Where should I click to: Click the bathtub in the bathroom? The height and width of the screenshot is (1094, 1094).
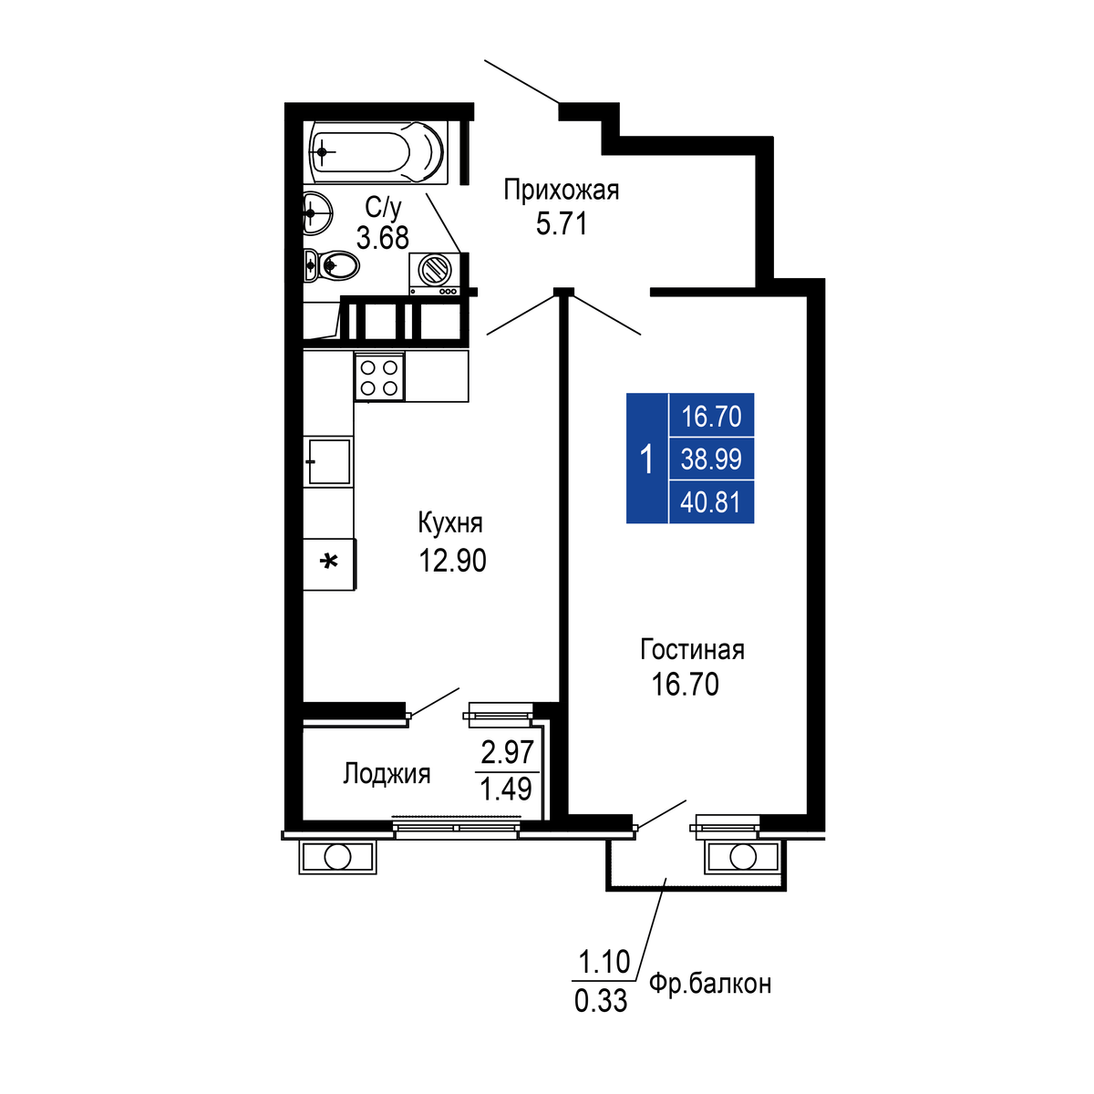pyautogui.click(x=376, y=151)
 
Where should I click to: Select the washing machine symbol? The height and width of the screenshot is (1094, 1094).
pyautogui.click(x=434, y=273)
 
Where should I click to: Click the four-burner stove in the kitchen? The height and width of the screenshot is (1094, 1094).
pyautogui.click(x=379, y=377)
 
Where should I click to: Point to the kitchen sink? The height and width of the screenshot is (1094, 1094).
pyautogui.click(x=328, y=461)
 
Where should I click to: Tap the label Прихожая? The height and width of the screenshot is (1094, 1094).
pyautogui.click(x=561, y=191)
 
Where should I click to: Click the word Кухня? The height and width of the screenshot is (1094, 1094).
pyautogui.click(x=450, y=523)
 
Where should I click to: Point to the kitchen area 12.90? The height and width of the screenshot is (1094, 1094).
pyautogui.click(x=452, y=561)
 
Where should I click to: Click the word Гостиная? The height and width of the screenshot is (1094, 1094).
pyautogui.click(x=692, y=649)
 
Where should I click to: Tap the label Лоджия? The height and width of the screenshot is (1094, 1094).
pyautogui.click(x=387, y=774)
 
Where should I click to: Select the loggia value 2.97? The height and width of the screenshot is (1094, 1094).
pyautogui.click(x=507, y=753)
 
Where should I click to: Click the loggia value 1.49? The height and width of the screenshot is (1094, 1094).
pyautogui.click(x=506, y=790)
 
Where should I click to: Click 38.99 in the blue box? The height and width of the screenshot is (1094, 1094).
pyautogui.click(x=711, y=459)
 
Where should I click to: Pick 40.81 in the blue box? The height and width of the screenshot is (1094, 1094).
pyautogui.click(x=711, y=503)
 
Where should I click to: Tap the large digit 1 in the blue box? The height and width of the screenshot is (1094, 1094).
pyautogui.click(x=646, y=459)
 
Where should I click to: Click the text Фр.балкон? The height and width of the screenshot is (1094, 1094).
pyautogui.click(x=710, y=983)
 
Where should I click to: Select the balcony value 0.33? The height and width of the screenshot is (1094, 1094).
pyautogui.click(x=601, y=1001)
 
